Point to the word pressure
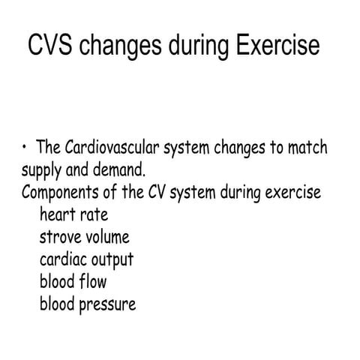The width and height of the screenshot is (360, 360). point(109,306)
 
